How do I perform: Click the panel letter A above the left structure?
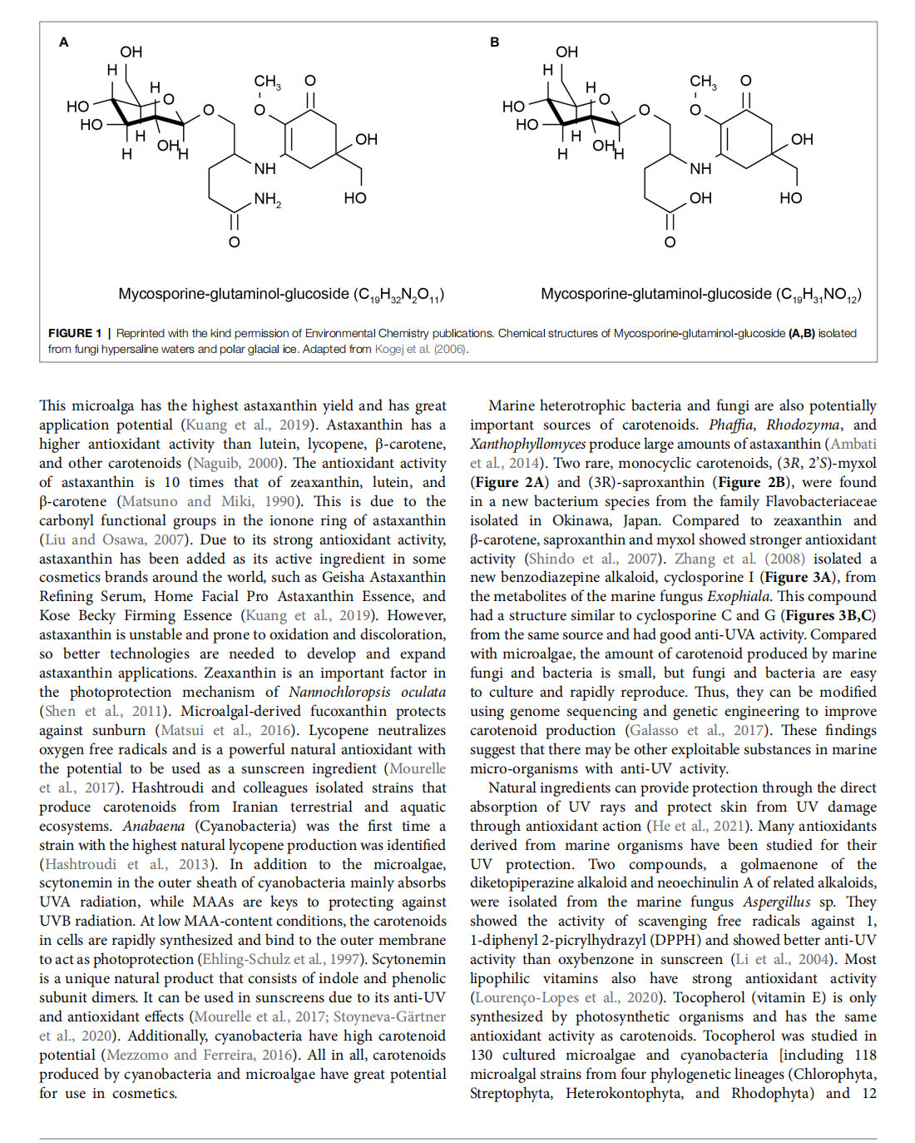point(64,42)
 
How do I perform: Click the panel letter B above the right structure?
point(495,42)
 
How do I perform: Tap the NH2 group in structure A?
point(267,199)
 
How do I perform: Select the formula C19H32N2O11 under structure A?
point(399,295)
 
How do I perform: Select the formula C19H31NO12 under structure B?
point(819,295)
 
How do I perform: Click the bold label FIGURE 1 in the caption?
point(75,333)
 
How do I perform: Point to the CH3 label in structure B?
point(703,82)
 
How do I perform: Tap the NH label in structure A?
point(265,169)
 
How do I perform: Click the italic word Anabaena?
point(154,826)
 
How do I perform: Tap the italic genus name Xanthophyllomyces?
point(527,444)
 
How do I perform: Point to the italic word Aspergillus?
point(776,902)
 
